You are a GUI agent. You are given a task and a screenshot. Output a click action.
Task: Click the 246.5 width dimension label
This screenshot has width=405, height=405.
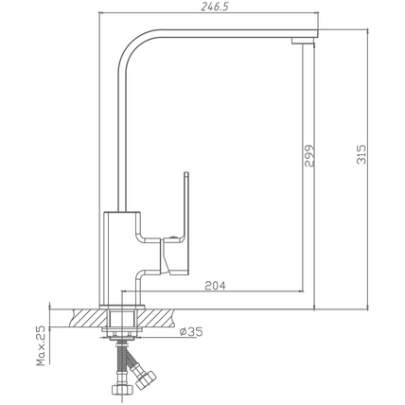[215, 7]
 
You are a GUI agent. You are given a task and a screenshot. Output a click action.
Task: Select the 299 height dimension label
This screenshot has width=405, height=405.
[309, 155]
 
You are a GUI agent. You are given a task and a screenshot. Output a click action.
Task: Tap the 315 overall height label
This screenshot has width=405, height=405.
[361, 154]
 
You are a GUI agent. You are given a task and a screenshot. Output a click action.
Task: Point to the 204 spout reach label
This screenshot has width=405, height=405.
[216, 286]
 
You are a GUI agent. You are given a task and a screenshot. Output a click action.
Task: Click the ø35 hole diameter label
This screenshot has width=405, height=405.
[191, 331]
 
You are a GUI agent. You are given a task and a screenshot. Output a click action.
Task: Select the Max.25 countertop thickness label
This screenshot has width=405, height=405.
[41, 346]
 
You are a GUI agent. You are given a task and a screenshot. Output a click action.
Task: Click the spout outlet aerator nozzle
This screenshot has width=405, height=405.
[303, 41]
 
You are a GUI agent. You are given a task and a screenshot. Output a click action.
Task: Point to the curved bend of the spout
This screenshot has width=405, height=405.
[132, 44]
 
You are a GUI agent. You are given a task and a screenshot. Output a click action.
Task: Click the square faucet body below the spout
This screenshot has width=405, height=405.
[120, 258]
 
